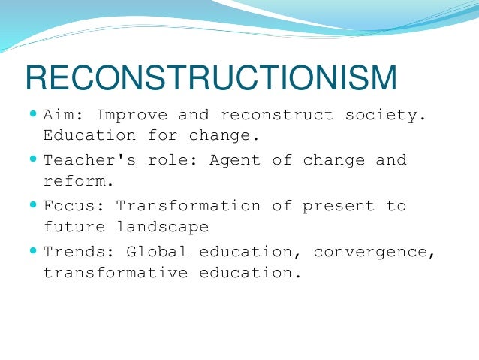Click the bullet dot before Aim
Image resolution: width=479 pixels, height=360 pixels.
tap(32, 114)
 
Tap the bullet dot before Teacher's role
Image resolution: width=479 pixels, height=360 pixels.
tap(32, 159)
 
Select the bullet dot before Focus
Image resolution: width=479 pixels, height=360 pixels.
tap(32, 204)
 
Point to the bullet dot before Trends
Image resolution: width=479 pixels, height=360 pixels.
tap(32, 250)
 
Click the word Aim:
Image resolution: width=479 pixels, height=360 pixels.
tap(64, 116)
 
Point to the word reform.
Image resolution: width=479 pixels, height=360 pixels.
tap(79, 181)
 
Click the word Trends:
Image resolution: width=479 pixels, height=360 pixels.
tap(79, 251)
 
